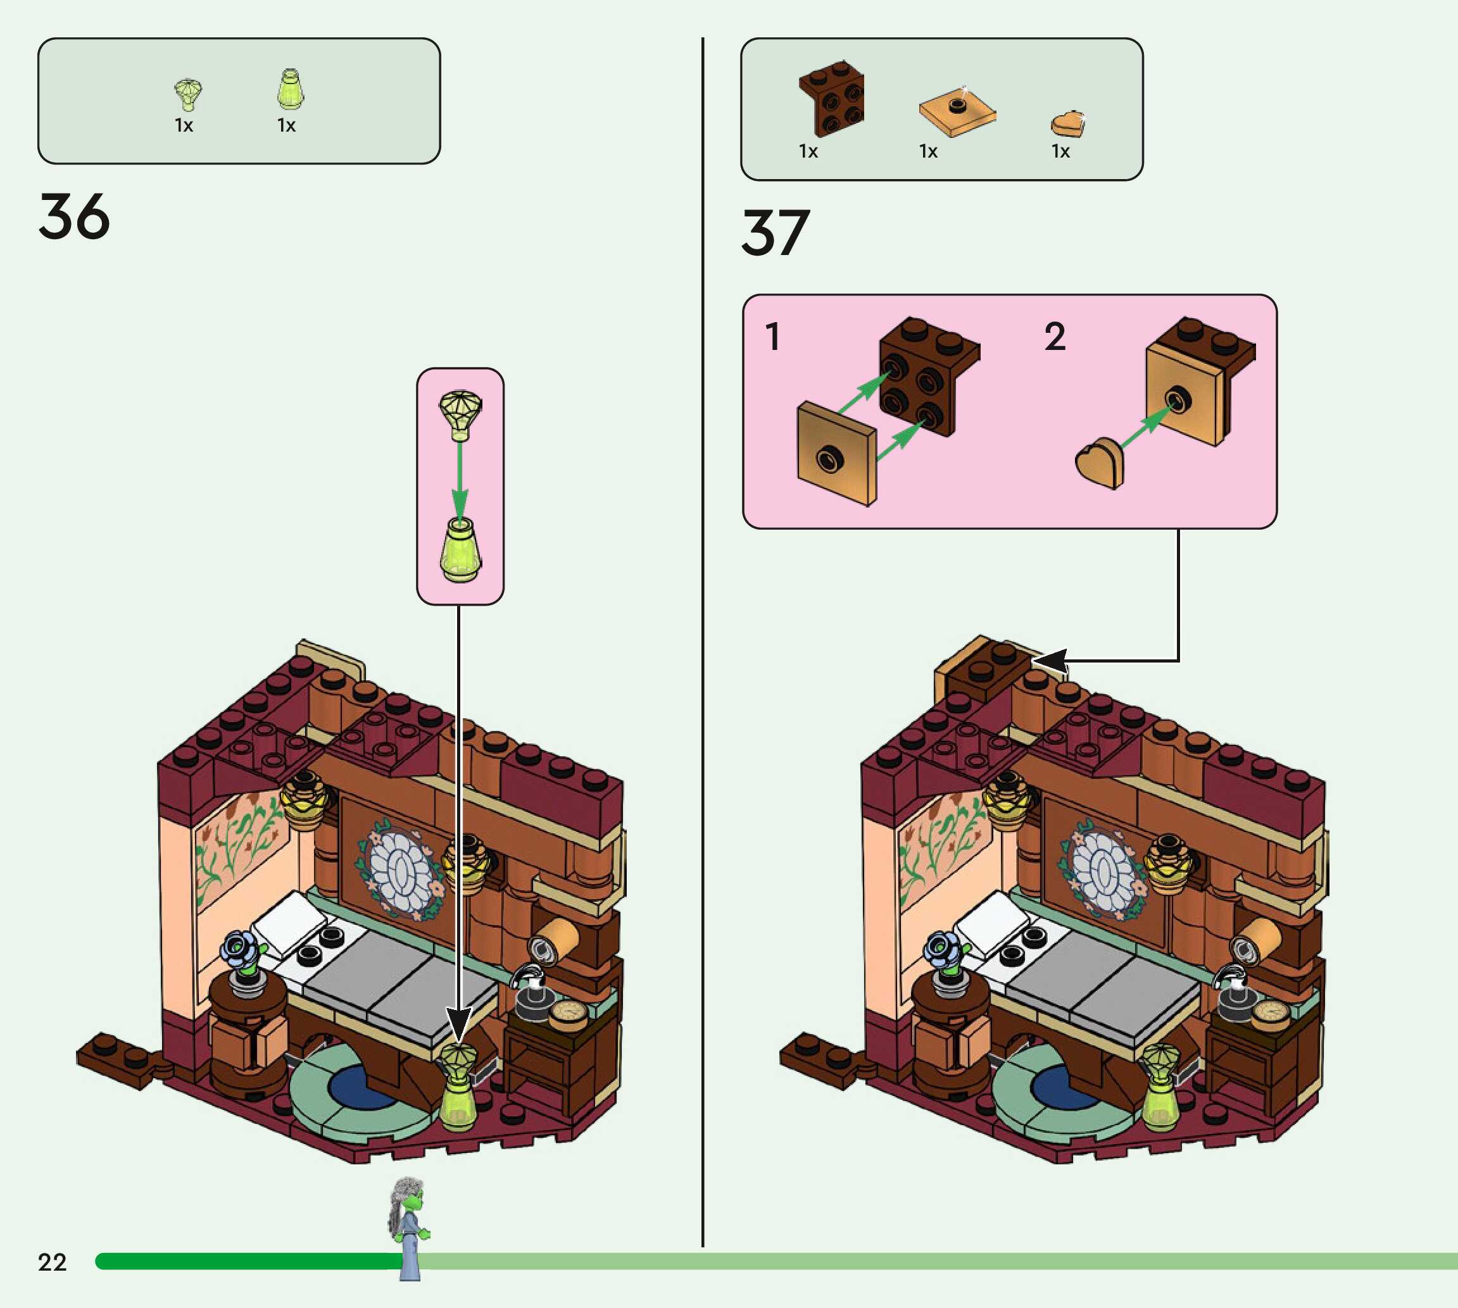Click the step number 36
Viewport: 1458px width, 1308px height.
click(x=74, y=216)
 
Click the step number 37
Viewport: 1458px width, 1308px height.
click(x=776, y=233)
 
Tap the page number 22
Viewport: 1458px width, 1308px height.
click(x=52, y=1262)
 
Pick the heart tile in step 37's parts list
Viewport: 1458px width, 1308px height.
click(x=1067, y=123)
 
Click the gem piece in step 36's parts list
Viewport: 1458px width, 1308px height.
click(x=187, y=94)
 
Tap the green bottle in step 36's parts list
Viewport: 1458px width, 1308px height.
click(x=290, y=90)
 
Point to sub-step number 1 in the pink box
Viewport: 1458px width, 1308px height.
click(x=773, y=337)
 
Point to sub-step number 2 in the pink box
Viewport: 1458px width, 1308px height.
click(x=1055, y=337)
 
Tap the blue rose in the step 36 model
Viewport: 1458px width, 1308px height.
click(x=240, y=948)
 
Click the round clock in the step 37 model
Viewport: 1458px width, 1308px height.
click(x=1271, y=1012)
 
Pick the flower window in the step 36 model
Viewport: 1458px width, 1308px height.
click(x=401, y=870)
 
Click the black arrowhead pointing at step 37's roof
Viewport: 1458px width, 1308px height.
click(x=1049, y=661)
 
